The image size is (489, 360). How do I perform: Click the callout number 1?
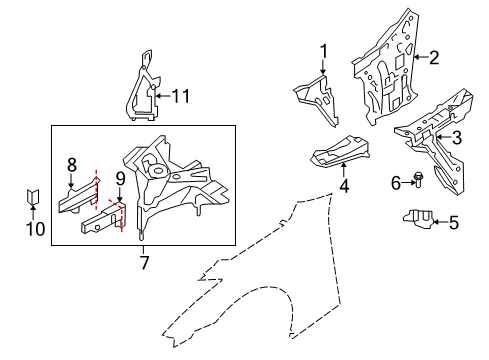point(324,51)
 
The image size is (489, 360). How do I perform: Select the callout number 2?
point(434,57)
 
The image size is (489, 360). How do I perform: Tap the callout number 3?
point(456,138)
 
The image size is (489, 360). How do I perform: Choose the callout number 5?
point(453,223)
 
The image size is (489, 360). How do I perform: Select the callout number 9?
point(119,180)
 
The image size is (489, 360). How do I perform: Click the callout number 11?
point(180,96)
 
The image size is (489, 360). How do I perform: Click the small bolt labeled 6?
point(418,181)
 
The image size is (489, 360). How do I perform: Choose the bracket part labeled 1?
point(315,93)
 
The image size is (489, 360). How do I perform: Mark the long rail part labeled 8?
point(75,203)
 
